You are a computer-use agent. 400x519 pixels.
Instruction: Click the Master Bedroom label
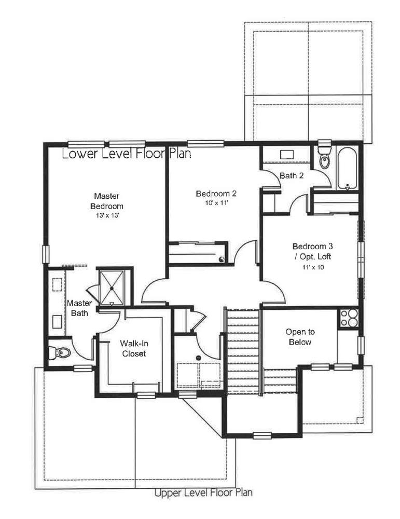pyautogui.click(x=106, y=201)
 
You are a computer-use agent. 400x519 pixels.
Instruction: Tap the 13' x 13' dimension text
pyautogui.click(x=106, y=216)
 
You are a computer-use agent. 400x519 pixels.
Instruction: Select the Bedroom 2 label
pyautogui.click(x=216, y=194)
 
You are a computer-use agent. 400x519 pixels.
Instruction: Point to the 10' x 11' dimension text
pyautogui.click(x=217, y=203)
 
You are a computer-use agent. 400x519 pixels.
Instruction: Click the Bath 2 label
pyautogui.click(x=292, y=175)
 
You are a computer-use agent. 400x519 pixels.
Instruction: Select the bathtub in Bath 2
pyautogui.click(x=347, y=169)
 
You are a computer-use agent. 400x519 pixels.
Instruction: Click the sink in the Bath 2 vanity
pyautogui.click(x=286, y=155)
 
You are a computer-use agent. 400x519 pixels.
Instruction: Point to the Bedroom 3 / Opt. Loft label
pyautogui.click(x=312, y=252)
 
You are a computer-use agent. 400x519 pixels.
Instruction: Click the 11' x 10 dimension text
pyautogui.click(x=313, y=267)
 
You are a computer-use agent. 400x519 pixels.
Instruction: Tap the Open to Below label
pyautogui.click(x=300, y=337)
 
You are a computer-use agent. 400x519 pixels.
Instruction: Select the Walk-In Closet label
pyautogui.click(x=134, y=349)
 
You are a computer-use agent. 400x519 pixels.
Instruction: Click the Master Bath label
pyautogui.click(x=79, y=308)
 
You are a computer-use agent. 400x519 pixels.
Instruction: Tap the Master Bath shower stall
pyautogui.click(x=112, y=288)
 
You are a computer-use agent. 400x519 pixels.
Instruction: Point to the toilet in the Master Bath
pyautogui.click(x=60, y=352)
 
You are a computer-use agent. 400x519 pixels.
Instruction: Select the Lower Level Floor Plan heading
pyautogui.click(x=127, y=154)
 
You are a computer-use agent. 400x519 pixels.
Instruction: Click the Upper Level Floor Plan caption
pyautogui.click(x=203, y=493)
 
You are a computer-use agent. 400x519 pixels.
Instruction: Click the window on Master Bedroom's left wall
pyautogui.click(x=46, y=254)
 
